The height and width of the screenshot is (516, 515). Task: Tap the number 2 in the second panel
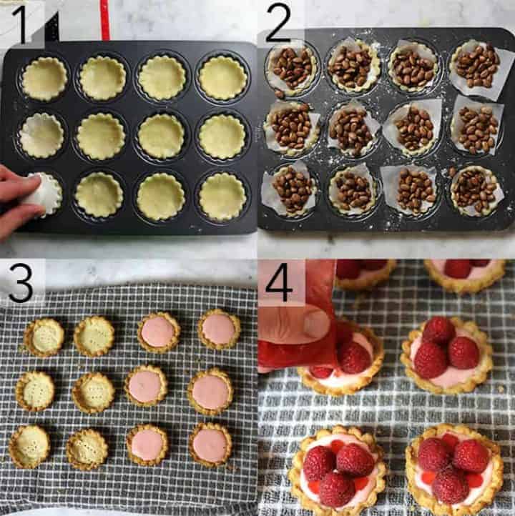point(279,24)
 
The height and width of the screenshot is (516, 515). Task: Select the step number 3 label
point(21,283)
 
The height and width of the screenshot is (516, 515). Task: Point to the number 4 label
point(279,283)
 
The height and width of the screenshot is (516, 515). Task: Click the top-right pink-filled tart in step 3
point(219,329)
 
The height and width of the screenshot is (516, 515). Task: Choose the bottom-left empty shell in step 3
point(29,446)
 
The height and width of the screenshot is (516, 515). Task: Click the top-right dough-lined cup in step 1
point(223,77)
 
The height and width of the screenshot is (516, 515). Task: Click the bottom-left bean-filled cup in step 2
point(291,189)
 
